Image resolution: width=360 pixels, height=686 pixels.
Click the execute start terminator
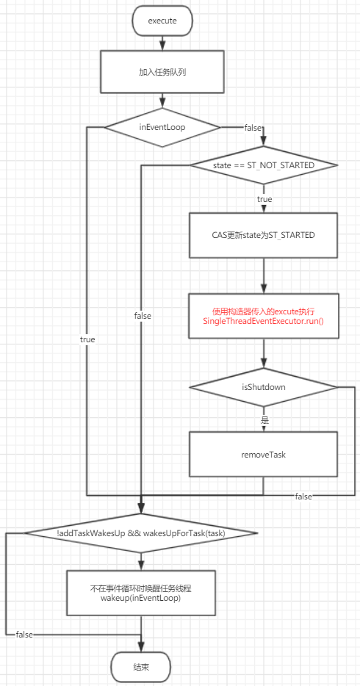click(162, 21)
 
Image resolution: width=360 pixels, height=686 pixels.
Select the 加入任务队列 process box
click(162, 73)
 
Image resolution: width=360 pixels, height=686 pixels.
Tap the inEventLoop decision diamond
click(162, 127)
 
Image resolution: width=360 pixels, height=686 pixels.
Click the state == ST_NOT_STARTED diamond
click(264, 165)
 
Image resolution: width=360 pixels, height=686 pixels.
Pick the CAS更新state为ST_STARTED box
click(264, 234)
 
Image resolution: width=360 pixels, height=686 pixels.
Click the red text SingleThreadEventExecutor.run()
click(264, 322)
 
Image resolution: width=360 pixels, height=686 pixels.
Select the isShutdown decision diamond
click(264, 386)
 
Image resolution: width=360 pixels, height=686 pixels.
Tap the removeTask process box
click(264, 455)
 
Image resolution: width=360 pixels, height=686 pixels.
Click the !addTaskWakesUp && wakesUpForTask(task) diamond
click(141, 532)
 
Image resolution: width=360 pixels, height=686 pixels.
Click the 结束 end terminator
click(141, 667)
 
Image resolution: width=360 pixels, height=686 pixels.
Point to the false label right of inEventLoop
click(253, 128)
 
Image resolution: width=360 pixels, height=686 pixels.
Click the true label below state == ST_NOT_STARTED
click(264, 199)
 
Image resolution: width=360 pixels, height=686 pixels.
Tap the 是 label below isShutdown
click(264, 420)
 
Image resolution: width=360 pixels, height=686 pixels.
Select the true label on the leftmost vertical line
click(87, 339)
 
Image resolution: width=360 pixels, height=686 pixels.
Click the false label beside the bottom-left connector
click(24, 634)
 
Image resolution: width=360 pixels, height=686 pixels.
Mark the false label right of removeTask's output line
click(303, 497)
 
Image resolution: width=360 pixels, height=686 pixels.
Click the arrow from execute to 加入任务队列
click(162, 43)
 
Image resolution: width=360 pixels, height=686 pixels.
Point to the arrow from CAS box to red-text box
click(264, 275)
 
